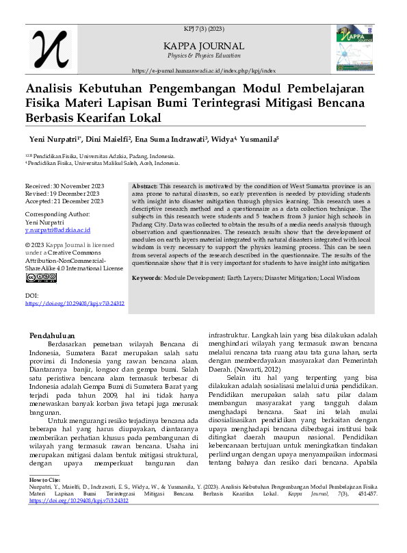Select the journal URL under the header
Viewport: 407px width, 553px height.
pos(203,70)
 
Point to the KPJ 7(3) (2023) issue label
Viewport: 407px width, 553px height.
pos(204,29)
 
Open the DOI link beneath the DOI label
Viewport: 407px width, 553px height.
pos(75,303)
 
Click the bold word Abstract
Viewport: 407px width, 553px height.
pos(144,186)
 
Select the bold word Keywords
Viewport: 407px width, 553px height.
pos(146,278)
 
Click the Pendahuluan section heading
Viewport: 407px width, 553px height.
pos(56,335)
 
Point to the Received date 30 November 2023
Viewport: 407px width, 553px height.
pos(64,186)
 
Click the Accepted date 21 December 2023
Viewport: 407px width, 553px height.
pos(64,201)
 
